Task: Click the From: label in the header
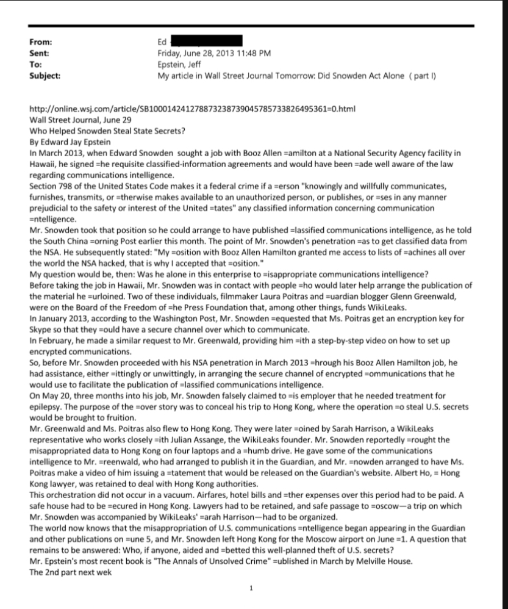coord(40,42)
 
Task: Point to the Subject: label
coord(45,75)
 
